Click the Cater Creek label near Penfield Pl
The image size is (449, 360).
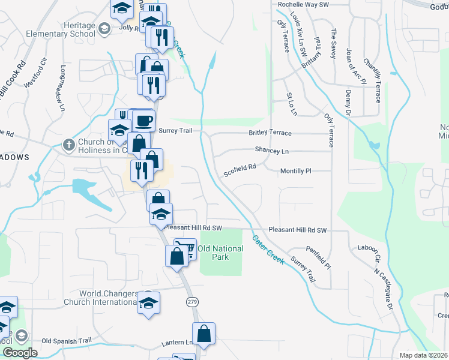point(268,250)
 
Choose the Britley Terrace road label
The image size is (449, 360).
point(270,133)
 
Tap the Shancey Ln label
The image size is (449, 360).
point(271,151)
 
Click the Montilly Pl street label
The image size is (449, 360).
point(296,171)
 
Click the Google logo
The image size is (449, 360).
point(19,353)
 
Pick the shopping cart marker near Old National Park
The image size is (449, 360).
point(185,248)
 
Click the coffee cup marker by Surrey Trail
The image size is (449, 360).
point(143,121)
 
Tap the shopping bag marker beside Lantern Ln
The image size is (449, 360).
point(203,334)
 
